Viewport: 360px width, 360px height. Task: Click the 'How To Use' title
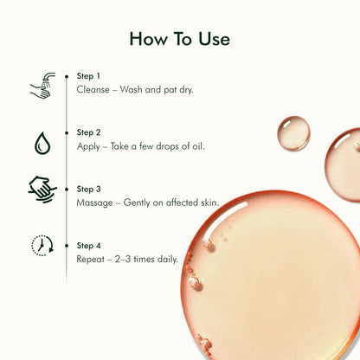[x=180, y=39]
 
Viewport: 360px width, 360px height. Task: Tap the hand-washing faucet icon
[x=42, y=86]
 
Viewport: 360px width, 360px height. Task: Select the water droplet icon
[x=42, y=143]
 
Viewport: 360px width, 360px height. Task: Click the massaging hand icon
[x=42, y=190]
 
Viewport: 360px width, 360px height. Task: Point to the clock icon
[x=42, y=246]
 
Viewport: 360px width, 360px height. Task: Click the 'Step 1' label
[x=88, y=76]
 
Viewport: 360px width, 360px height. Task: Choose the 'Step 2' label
[x=88, y=132]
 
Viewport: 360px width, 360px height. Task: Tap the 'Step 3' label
[x=88, y=189]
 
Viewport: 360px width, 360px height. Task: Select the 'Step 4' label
[x=88, y=246]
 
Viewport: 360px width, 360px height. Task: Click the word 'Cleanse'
[x=93, y=90]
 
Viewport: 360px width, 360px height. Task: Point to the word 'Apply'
[x=88, y=147]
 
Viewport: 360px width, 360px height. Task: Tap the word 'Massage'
[x=94, y=203]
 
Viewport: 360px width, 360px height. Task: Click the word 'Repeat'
[x=90, y=260]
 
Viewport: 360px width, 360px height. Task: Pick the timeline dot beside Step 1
[x=67, y=76]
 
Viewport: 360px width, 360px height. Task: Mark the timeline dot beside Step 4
[x=67, y=246]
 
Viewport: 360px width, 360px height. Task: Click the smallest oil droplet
[x=293, y=133]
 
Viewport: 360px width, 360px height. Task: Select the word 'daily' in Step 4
[x=168, y=260]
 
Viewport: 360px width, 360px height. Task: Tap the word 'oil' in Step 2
[x=198, y=146]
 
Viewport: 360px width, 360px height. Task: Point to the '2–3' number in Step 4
[x=123, y=259]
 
